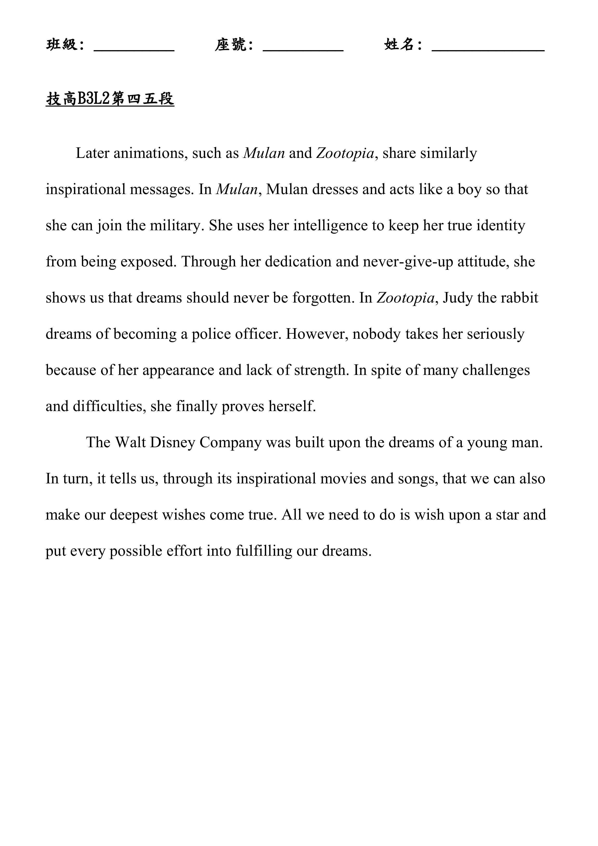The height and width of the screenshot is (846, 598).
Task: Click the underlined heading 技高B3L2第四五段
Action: click(110, 99)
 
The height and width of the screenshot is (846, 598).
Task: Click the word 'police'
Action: click(211, 334)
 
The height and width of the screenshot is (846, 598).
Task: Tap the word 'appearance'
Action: click(178, 370)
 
